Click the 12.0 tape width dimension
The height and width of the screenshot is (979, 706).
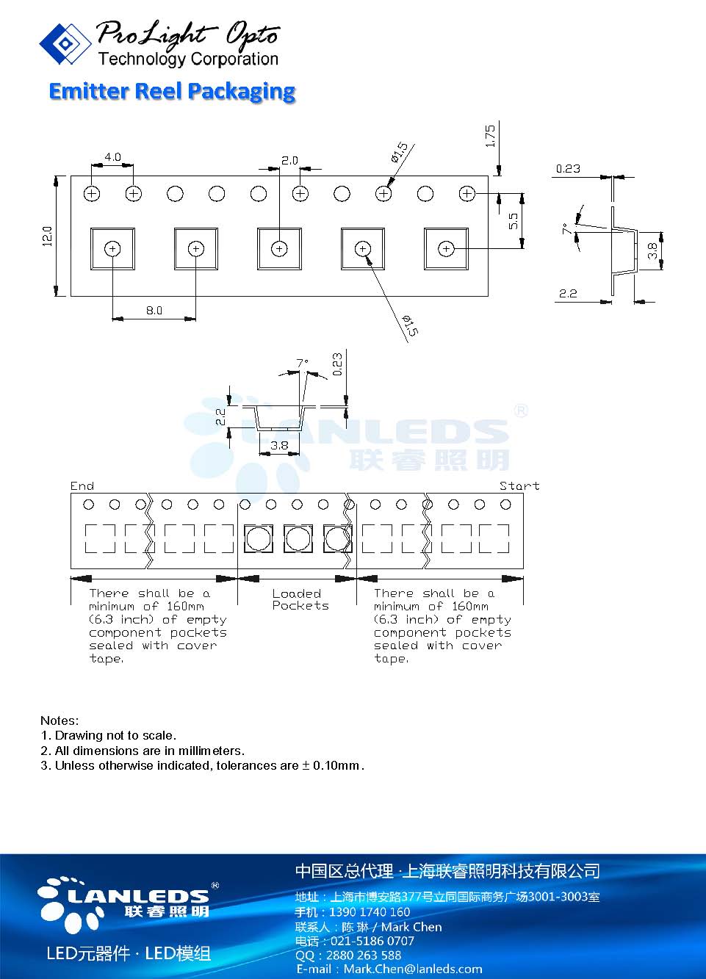click(x=47, y=236)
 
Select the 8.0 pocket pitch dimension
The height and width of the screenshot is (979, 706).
click(x=154, y=311)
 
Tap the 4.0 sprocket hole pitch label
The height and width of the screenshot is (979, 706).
click(x=113, y=157)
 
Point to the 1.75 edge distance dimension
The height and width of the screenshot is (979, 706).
click(x=491, y=136)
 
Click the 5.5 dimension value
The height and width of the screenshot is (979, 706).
click(x=514, y=221)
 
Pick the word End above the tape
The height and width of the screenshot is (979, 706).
click(x=82, y=486)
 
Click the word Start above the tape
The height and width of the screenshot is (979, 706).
click(x=519, y=486)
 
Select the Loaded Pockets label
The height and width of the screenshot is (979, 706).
click(x=300, y=599)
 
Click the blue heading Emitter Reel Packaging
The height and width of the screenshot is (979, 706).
click(x=172, y=92)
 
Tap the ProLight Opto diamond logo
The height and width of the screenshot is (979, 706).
click(x=65, y=44)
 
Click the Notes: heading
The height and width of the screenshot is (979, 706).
click(x=60, y=720)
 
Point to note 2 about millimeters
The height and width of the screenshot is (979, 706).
click(x=143, y=751)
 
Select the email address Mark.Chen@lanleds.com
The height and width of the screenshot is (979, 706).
click(x=413, y=969)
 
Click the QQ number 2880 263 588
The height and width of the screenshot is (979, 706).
click(x=364, y=955)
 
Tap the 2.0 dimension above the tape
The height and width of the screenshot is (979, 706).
click(x=289, y=161)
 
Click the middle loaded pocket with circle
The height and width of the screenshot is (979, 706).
click(x=298, y=538)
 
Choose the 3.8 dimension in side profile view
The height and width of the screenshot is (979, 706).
click(x=652, y=251)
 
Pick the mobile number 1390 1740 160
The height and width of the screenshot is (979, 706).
click(x=370, y=911)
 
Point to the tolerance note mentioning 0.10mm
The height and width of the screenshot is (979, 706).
click(x=203, y=765)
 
